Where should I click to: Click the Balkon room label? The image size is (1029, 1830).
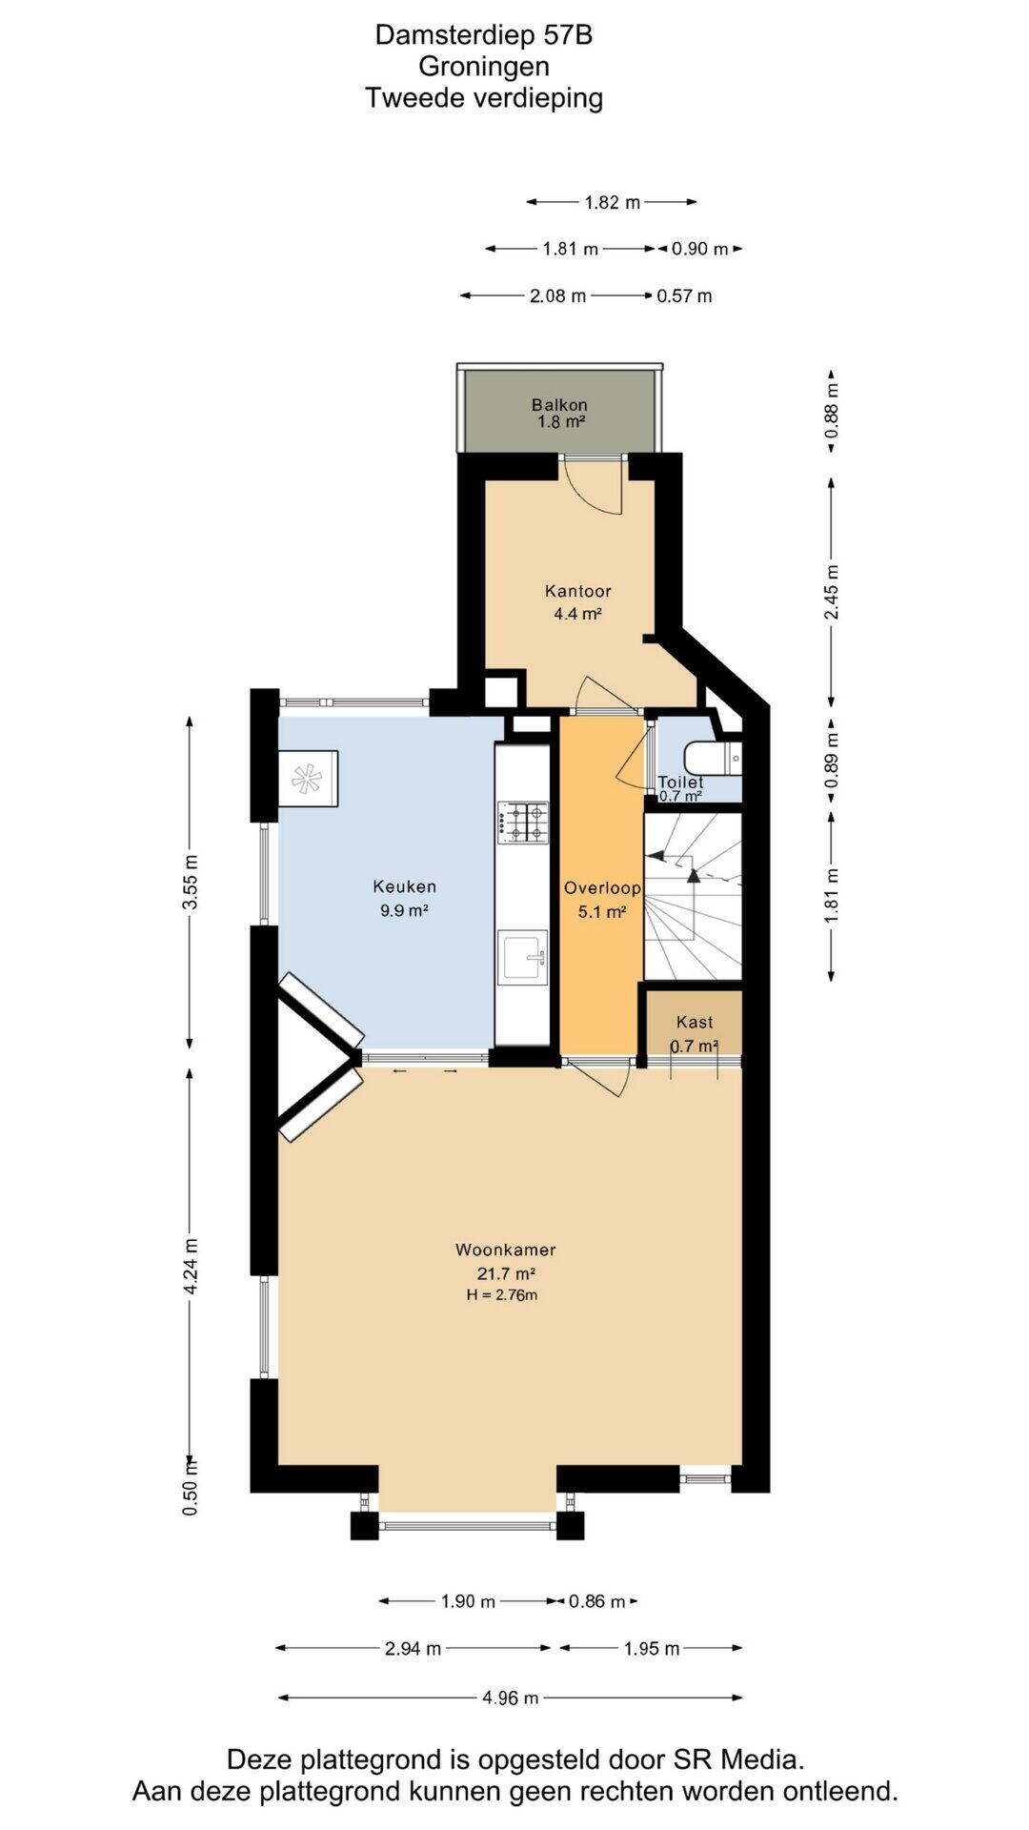559,405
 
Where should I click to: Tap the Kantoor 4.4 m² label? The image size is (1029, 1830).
577,602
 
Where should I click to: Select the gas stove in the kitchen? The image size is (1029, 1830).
523,823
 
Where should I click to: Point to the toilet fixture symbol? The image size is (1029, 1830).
717,759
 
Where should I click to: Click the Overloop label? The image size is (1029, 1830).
602,888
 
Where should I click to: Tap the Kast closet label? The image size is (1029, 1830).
695,1023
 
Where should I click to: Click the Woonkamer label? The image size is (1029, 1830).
505,1250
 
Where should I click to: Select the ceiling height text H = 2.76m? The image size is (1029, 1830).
502,1295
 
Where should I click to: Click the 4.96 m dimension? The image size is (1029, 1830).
511,1698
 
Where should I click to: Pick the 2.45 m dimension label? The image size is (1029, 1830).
833,591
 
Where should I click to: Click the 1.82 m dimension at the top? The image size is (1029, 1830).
612,202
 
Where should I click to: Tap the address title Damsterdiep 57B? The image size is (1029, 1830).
484,34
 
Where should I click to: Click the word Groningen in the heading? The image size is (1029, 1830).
484,67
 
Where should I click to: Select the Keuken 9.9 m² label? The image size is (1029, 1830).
404,898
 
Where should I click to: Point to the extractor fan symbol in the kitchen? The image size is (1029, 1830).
308,779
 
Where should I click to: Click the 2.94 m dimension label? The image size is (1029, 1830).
413,1648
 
